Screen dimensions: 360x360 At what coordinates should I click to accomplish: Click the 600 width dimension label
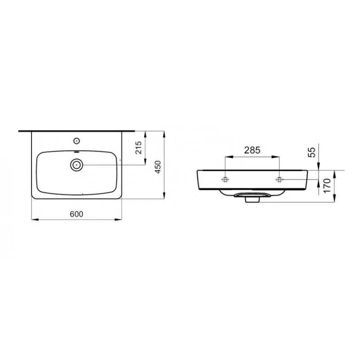point(76,214)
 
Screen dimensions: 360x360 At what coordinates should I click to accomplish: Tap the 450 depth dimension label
point(158,167)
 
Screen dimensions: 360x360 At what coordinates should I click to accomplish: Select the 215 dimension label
point(139,148)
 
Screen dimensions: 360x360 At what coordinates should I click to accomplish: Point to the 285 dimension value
point(252,150)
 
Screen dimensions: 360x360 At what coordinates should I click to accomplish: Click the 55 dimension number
point(312,152)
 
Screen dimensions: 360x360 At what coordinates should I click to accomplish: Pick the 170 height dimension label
point(327,185)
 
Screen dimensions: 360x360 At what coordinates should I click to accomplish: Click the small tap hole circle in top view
point(76,141)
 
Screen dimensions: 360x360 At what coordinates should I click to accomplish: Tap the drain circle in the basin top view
point(76,165)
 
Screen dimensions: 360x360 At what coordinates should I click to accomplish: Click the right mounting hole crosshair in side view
point(279,180)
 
